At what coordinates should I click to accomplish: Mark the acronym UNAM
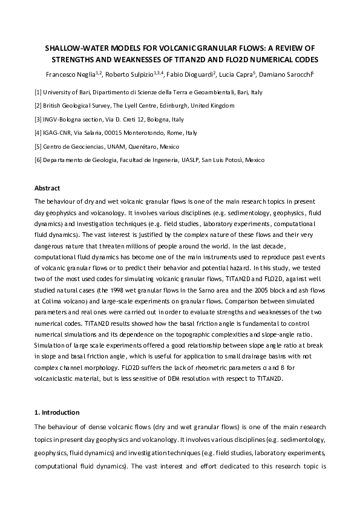coord(122,146)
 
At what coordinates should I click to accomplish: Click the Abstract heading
coord(47,188)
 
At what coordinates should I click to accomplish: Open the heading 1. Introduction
coord(57,412)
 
